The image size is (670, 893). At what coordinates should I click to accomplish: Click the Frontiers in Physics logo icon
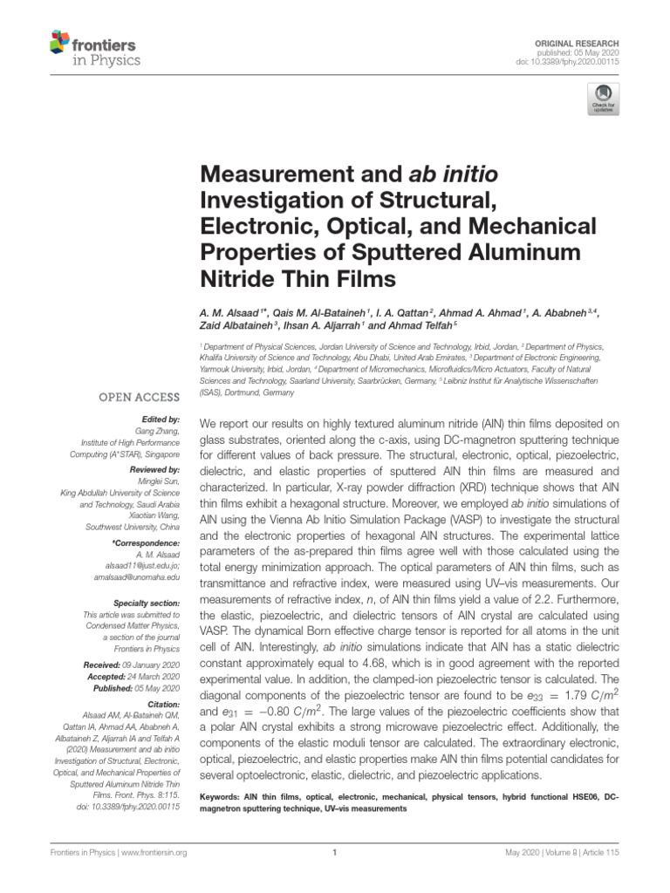pyautogui.click(x=59, y=42)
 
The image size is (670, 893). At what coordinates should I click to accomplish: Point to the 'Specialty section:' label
pyautogui.click(x=147, y=603)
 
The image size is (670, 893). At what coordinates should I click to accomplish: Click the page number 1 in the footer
pyautogui.click(x=335, y=853)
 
